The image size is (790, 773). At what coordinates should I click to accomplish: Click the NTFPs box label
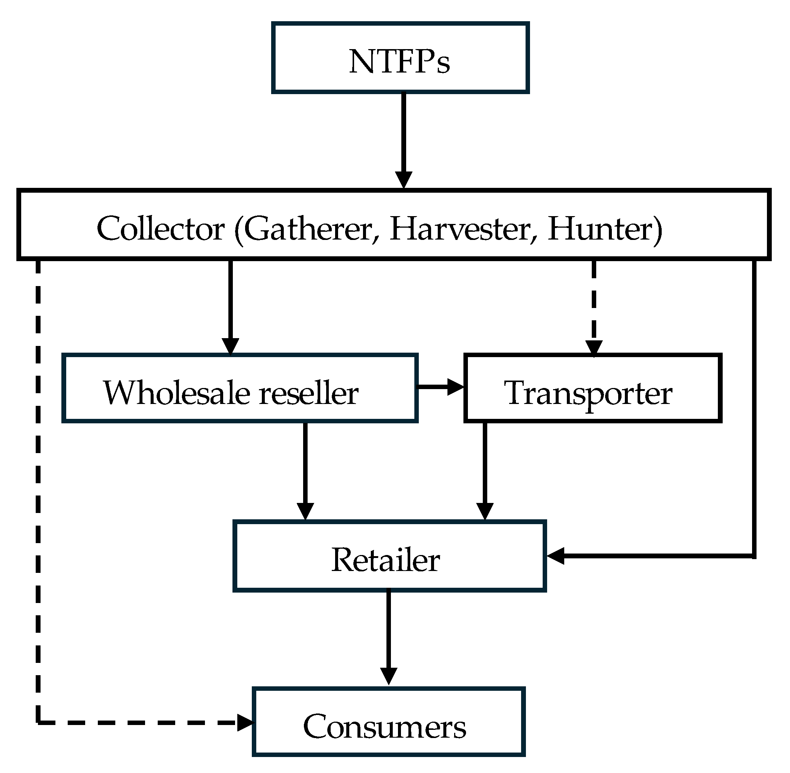tap(399, 62)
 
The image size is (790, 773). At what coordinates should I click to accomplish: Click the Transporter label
tap(588, 393)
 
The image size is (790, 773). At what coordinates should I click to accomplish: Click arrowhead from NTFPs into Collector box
tap(404, 179)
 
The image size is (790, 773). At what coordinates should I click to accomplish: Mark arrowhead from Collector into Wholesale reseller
tap(231, 346)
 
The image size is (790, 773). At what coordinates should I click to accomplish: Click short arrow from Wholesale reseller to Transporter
tap(440, 386)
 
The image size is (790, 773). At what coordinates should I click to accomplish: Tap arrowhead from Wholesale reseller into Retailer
tap(305, 511)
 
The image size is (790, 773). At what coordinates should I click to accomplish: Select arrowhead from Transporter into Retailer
tap(485, 511)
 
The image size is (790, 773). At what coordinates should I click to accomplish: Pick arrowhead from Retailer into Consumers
tap(389, 676)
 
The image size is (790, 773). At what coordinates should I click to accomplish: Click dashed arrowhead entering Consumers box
tap(245, 723)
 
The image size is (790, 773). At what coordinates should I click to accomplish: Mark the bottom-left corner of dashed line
tap(38, 723)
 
